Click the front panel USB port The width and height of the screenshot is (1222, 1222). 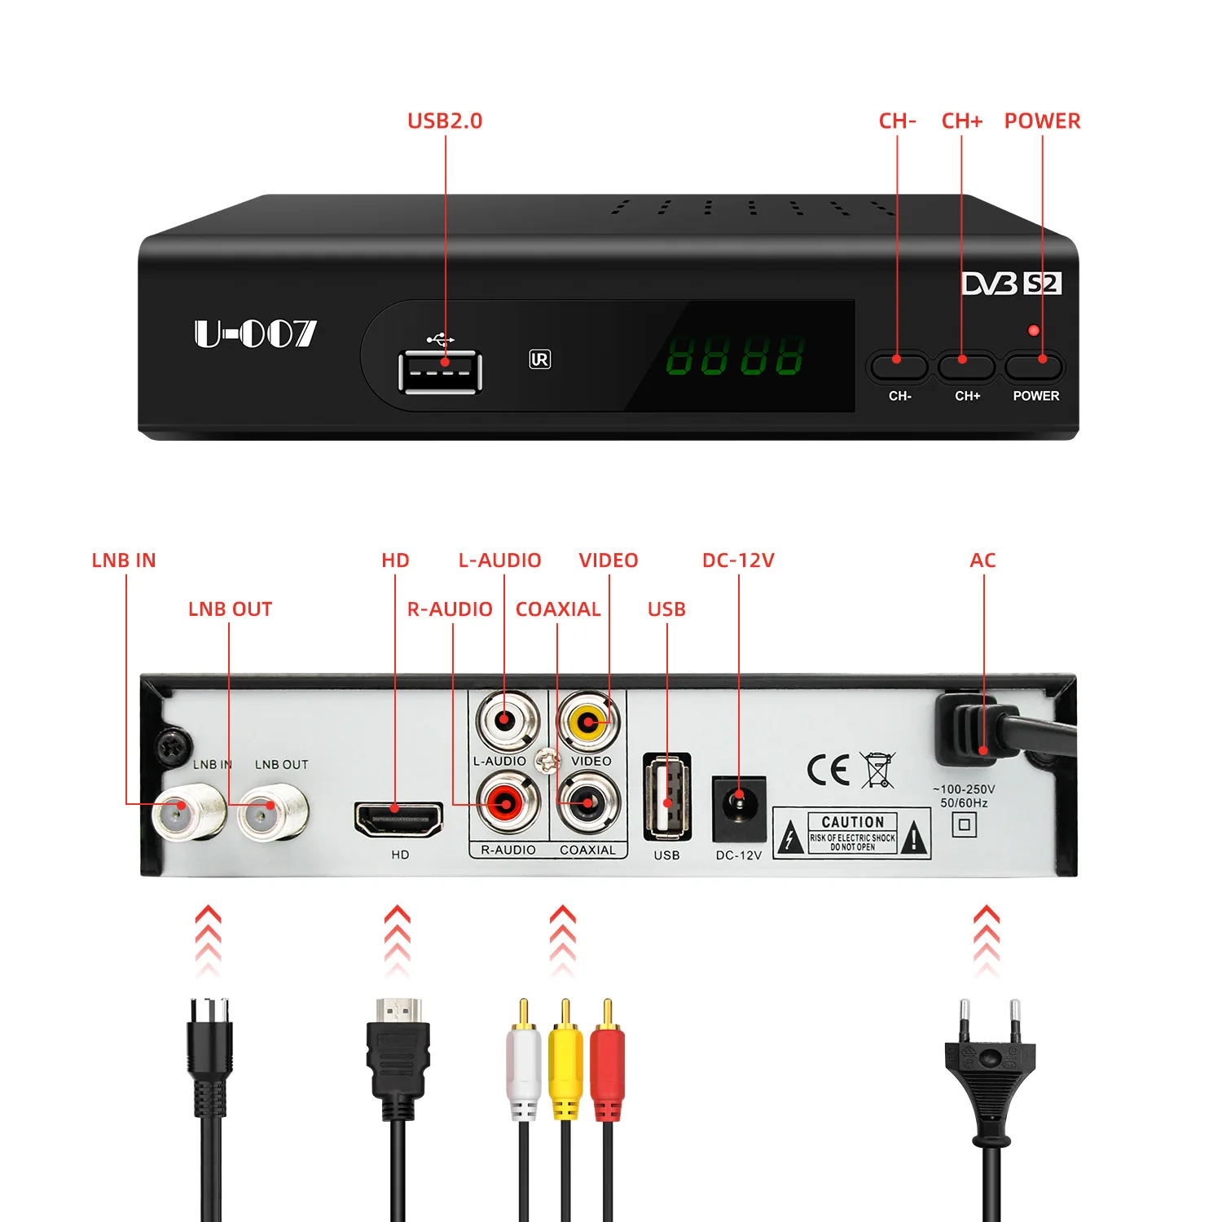(440, 371)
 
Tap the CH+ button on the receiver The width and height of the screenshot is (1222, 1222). (965, 367)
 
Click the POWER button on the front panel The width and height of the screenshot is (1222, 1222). (1034, 367)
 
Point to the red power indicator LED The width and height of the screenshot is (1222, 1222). (1033, 330)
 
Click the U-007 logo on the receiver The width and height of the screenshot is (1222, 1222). (255, 333)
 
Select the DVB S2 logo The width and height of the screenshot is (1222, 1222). (1011, 284)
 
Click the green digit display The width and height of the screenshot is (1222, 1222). (735, 356)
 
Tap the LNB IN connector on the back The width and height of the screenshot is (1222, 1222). (187, 810)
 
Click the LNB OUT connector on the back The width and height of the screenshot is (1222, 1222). (272, 811)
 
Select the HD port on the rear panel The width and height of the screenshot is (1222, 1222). (398, 819)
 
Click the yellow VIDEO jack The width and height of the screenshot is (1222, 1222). (588, 722)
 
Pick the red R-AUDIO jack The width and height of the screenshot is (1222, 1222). (508, 803)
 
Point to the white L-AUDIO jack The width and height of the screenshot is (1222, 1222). (508, 720)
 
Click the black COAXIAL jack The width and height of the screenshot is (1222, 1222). (588, 803)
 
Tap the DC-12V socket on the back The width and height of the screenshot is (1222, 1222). (739, 807)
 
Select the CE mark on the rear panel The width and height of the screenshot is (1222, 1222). (829, 769)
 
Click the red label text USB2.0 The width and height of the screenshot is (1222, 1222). (445, 121)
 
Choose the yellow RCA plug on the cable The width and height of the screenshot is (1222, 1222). (565, 1059)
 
